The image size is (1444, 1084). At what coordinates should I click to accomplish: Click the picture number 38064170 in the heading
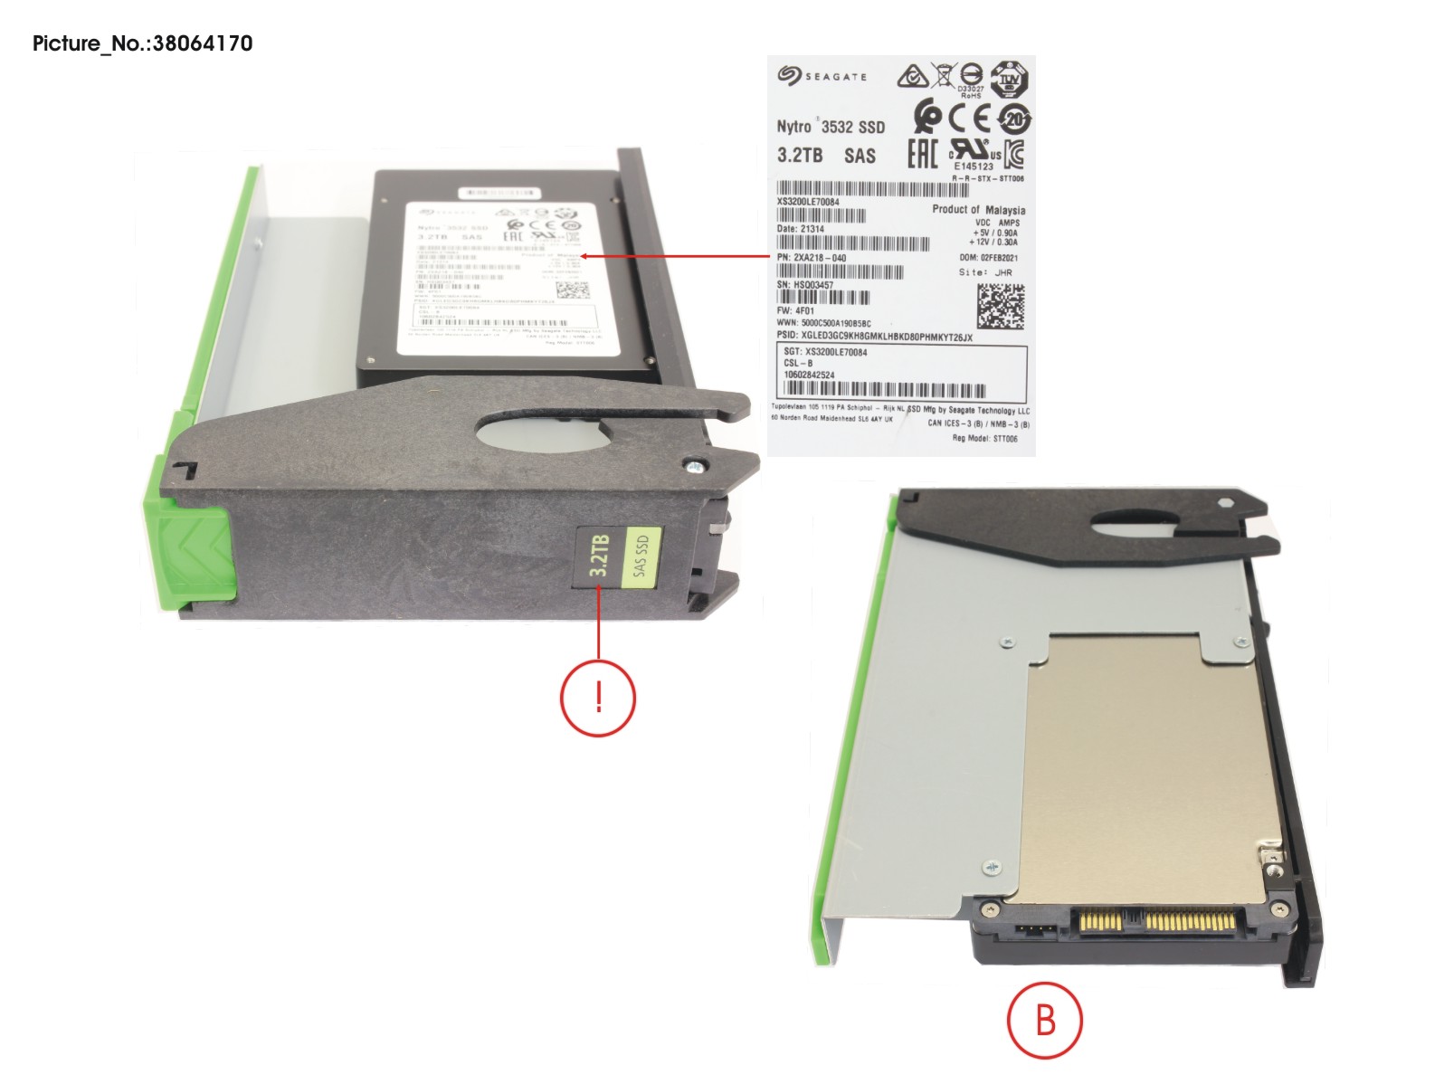click(x=203, y=43)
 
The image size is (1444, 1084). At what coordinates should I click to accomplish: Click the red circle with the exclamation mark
click(x=598, y=698)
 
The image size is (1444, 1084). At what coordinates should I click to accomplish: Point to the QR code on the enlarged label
click(x=1000, y=307)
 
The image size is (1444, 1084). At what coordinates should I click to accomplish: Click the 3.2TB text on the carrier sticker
click(x=599, y=556)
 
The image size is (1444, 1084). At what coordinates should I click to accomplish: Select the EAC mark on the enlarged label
click(x=922, y=155)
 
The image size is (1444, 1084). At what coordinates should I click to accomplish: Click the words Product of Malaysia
click(x=978, y=209)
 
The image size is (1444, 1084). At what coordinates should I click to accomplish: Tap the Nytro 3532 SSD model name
click(x=831, y=127)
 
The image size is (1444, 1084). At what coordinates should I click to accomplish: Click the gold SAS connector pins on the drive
click(x=1158, y=923)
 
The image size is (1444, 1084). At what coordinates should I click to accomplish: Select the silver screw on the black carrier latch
click(x=693, y=467)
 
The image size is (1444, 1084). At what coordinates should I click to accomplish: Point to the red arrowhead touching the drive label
click(x=584, y=256)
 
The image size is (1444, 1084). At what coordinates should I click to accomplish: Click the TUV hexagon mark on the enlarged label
click(x=1008, y=80)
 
